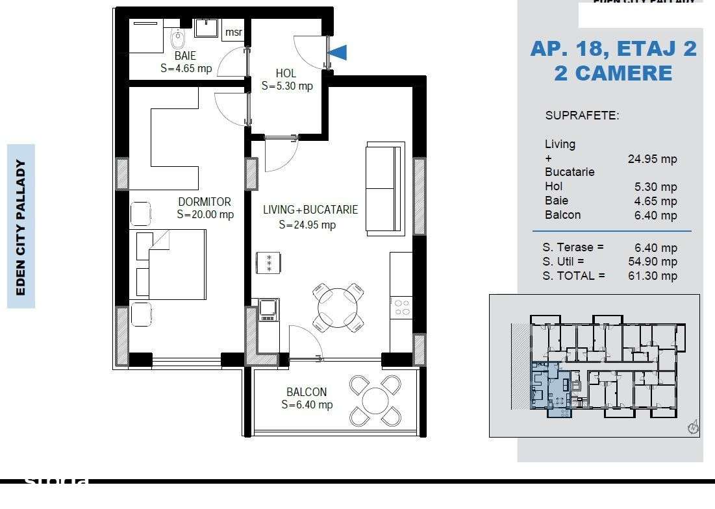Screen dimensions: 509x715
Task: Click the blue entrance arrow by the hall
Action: point(339,52)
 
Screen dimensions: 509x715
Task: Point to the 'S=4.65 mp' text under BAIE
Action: point(186,68)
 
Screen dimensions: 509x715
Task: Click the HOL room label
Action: point(286,73)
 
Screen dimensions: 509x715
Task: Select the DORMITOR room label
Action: point(205,203)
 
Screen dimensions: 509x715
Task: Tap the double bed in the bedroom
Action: point(171,264)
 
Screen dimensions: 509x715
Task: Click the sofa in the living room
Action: point(385,188)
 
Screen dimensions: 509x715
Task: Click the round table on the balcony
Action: point(375,401)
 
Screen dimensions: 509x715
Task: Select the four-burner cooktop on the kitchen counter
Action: point(402,306)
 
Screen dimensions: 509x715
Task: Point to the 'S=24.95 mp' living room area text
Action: point(307,225)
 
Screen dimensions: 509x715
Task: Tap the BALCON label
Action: point(307,392)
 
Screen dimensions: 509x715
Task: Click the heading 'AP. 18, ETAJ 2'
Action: point(613,49)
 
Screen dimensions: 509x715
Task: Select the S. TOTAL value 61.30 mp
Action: point(655,276)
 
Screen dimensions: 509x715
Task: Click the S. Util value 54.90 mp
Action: point(655,262)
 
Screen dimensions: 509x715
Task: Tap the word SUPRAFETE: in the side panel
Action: point(582,116)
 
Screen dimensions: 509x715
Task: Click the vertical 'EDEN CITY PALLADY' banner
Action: point(21,227)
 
